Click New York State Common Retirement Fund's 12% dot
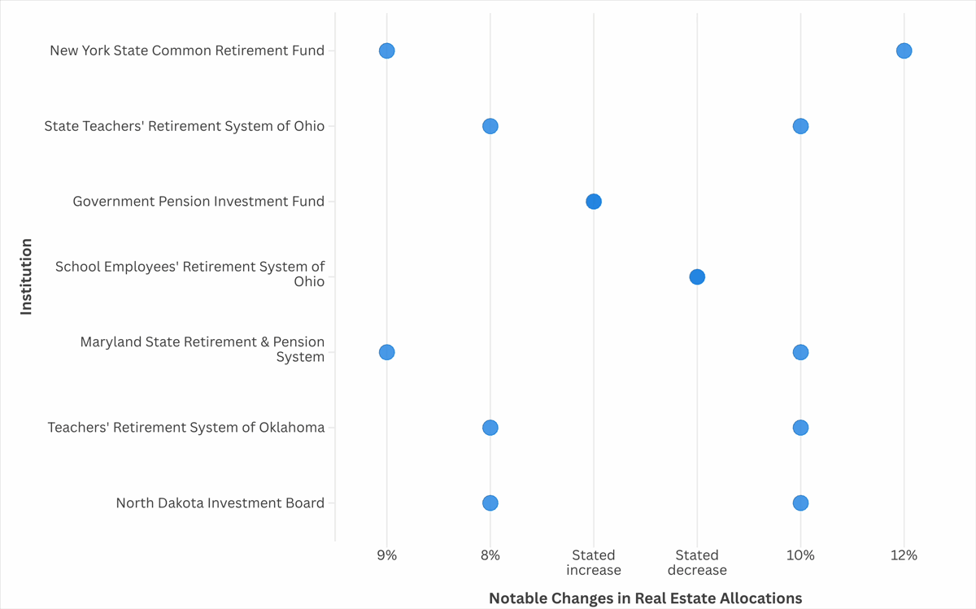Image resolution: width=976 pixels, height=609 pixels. click(x=904, y=51)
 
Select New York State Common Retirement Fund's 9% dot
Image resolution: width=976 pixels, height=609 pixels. click(x=387, y=51)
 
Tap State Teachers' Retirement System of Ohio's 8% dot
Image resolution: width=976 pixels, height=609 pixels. click(x=490, y=126)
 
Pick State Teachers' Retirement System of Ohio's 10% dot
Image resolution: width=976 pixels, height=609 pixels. click(x=800, y=126)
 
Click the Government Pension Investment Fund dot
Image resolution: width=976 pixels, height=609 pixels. click(x=594, y=202)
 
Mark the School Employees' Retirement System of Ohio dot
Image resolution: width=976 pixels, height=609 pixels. click(x=697, y=277)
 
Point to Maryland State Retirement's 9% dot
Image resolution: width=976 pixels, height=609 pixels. click(x=387, y=352)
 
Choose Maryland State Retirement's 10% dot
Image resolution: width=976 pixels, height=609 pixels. click(x=800, y=352)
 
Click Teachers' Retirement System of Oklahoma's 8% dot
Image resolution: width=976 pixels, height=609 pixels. click(x=490, y=428)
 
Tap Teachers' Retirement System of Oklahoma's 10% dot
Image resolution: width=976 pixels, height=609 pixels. click(x=800, y=428)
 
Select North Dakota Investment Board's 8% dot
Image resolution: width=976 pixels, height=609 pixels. click(x=490, y=503)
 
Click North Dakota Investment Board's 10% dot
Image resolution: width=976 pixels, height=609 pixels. click(x=800, y=503)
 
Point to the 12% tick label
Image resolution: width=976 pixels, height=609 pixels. click(x=904, y=555)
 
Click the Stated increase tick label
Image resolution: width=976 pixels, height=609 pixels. click(x=594, y=563)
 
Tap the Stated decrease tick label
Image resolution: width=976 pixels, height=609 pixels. click(x=697, y=563)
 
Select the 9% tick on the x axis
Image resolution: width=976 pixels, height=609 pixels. click(x=387, y=555)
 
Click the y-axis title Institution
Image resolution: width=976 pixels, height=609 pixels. click(x=26, y=276)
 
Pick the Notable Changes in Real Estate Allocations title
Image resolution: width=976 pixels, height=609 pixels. click(x=645, y=598)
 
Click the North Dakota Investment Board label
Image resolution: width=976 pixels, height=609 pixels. click(x=220, y=503)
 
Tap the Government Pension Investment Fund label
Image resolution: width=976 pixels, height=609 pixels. click(x=198, y=202)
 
